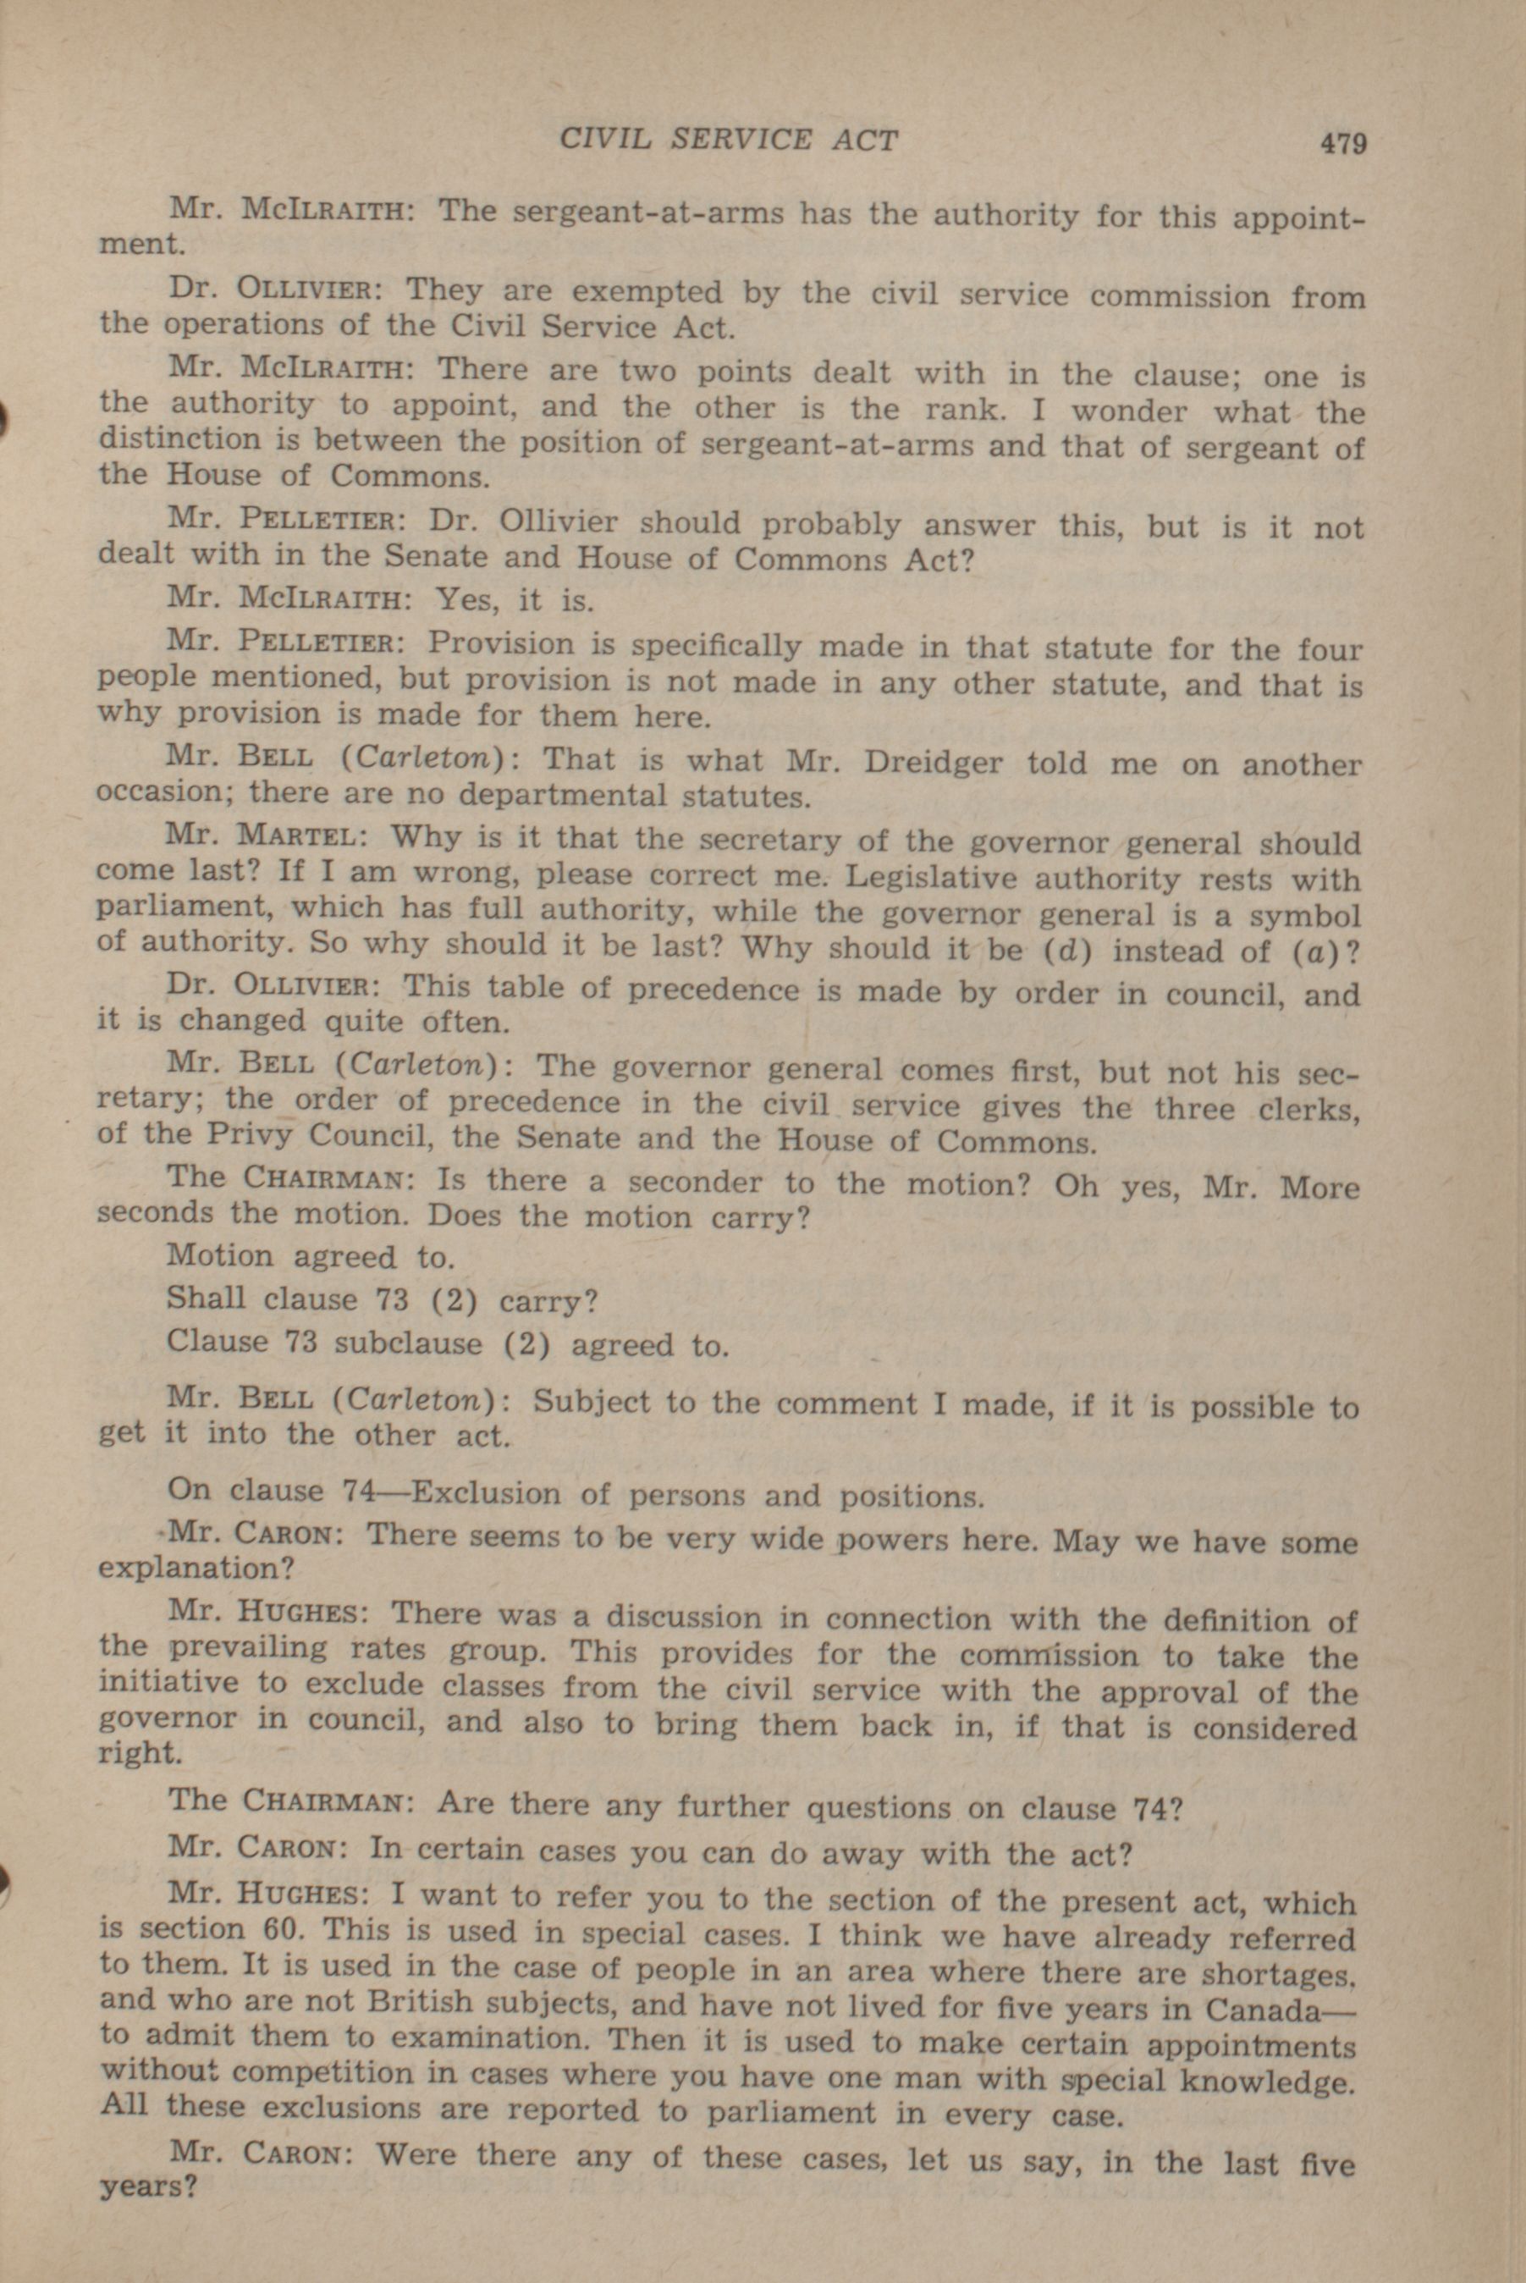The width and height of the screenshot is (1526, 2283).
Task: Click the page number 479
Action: [x=1343, y=144]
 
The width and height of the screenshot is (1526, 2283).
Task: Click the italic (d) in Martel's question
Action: [x=1066, y=951]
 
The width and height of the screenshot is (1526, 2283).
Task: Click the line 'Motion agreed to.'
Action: [x=311, y=1256]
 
